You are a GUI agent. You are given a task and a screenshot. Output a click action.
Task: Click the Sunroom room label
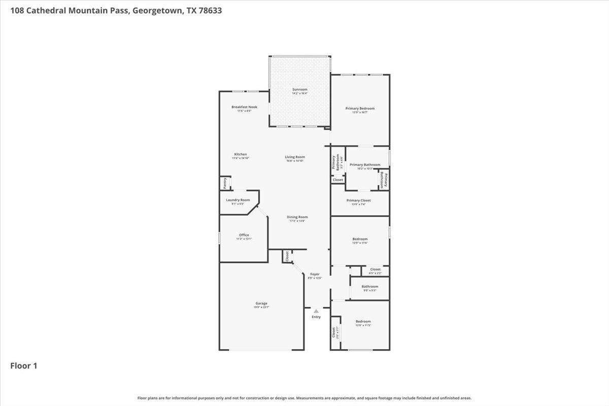[299, 89]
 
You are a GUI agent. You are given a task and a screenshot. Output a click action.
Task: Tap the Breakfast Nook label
[244, 107]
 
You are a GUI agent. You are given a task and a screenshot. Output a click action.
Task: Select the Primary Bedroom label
[360, 108]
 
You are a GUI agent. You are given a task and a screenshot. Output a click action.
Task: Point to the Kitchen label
[241, 154]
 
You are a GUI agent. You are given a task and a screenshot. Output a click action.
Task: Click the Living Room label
[294, 157]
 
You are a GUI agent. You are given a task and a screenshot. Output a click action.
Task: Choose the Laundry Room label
[238, 200]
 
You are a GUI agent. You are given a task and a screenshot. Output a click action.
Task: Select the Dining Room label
[297, 217]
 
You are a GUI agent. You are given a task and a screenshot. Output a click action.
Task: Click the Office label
[244, 235]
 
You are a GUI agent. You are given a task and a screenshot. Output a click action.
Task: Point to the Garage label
[261, 303]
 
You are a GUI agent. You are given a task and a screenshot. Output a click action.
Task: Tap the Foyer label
[315, 274]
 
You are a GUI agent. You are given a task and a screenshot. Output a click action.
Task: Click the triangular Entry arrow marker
[316, 311]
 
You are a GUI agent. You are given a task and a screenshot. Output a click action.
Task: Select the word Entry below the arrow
[316, 317]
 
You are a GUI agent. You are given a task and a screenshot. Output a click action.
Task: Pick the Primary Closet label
[358, 200]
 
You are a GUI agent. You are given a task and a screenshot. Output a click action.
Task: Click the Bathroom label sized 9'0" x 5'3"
[369, 287]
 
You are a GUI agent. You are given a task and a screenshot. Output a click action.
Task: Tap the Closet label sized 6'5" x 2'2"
[375, 269]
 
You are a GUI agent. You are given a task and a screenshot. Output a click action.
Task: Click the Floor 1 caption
[24, 365]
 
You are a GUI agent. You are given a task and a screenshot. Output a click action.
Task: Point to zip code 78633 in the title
[210, 10]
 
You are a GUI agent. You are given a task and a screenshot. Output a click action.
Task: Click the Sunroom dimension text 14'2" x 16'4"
[299, 93]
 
